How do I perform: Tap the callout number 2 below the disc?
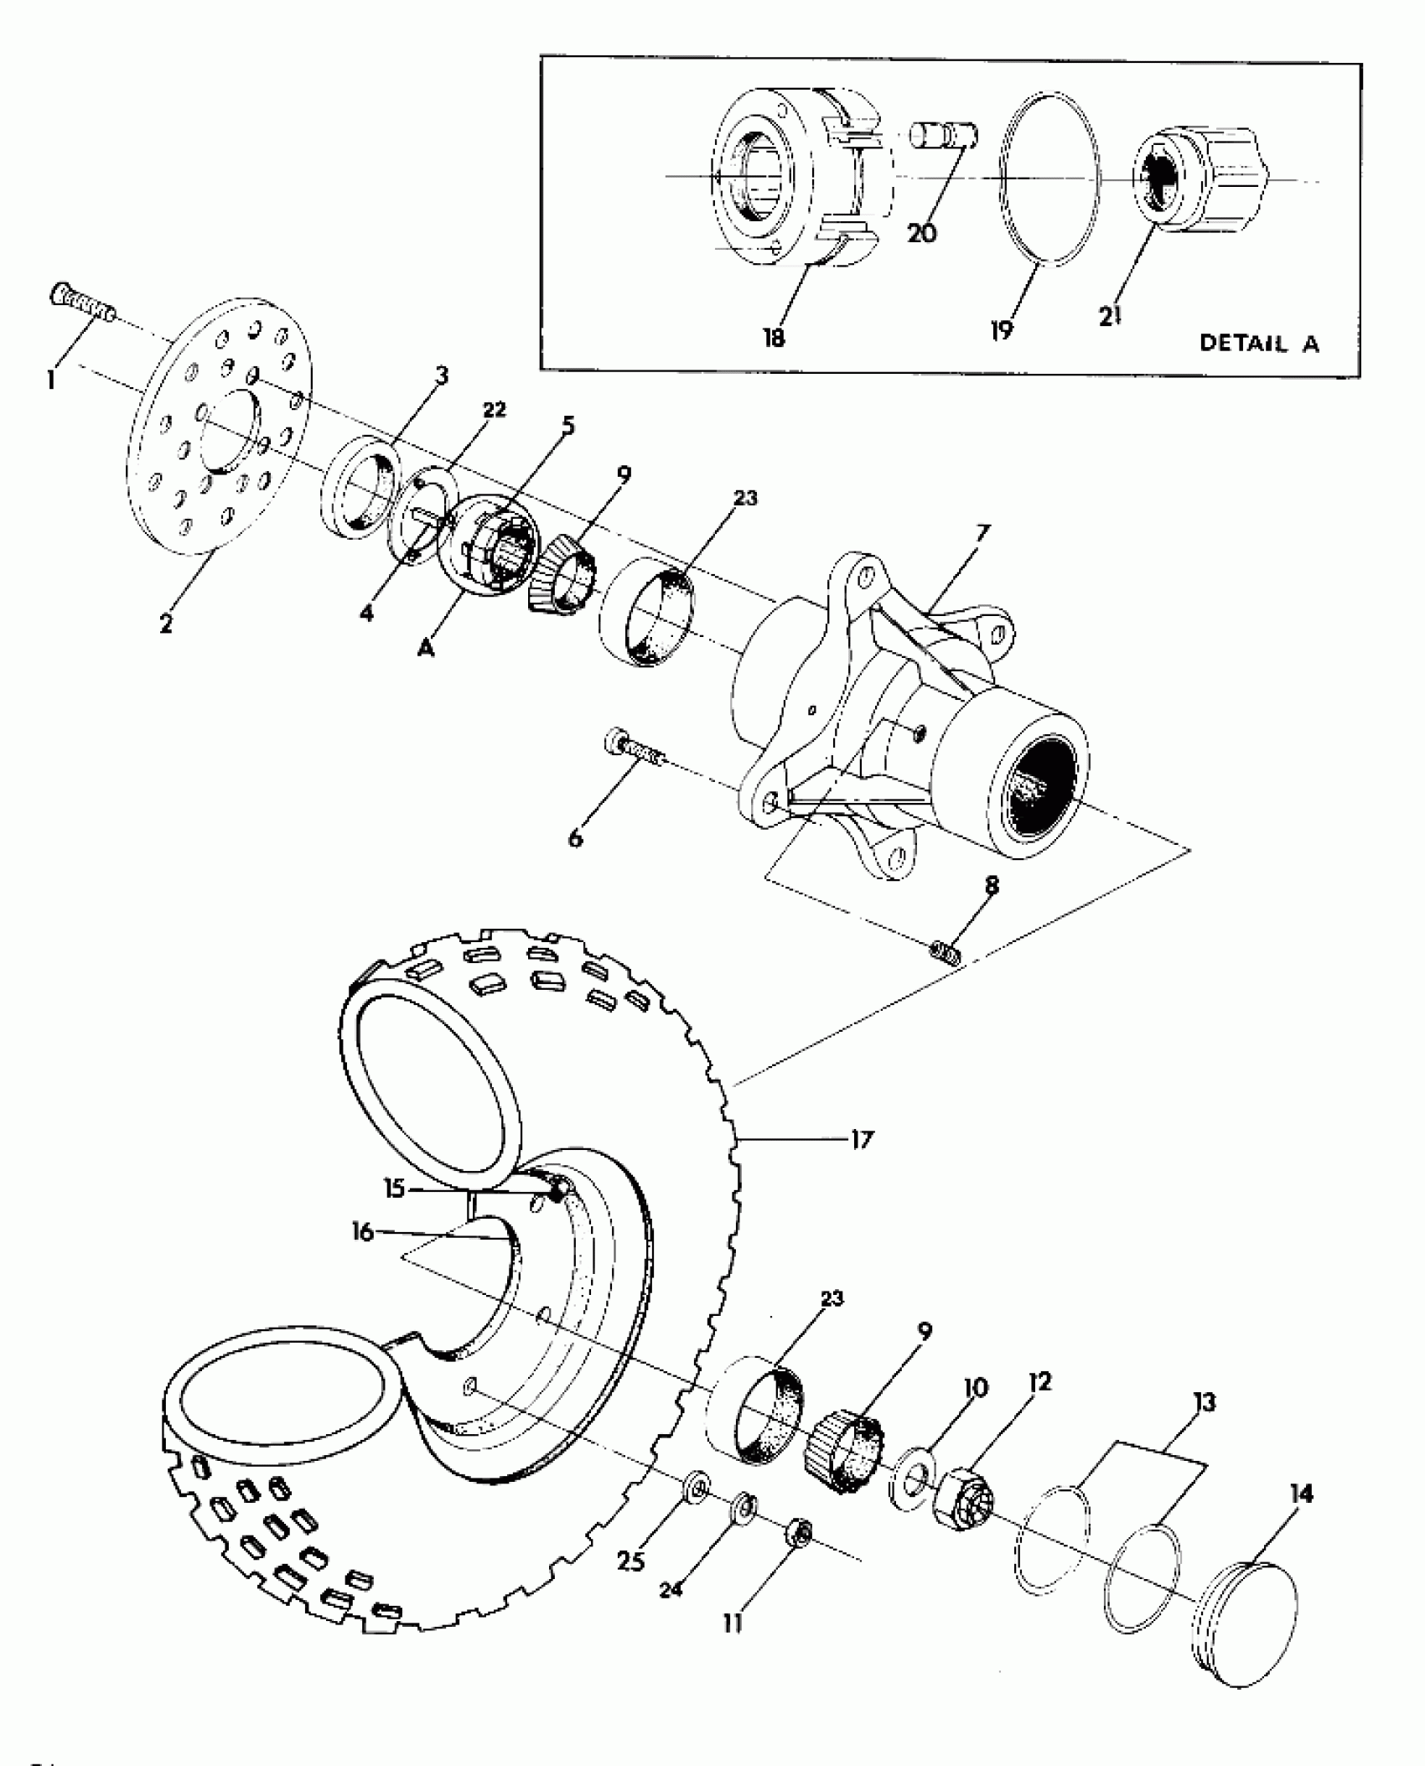(x=166, y=624)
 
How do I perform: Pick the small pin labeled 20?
(x=945, y=135)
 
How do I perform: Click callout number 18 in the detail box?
(x=773, y=339)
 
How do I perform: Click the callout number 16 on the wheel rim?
(x=362, y=1233)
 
